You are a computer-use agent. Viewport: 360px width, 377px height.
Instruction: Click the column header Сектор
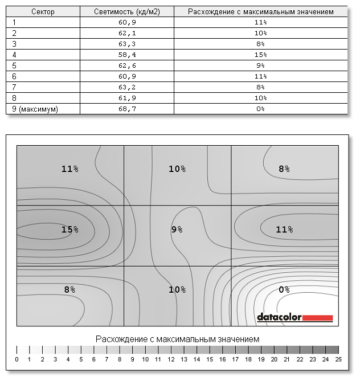[43, 11]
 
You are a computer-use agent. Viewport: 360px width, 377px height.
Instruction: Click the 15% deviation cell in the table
[261, 55]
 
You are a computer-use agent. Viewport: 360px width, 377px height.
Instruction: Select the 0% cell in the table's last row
[261, 108]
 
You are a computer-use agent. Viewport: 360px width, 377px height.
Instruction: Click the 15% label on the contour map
[69, 230]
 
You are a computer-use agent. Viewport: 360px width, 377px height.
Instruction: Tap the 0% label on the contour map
[284, 289]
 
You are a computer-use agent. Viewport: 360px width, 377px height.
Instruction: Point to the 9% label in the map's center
[177, 230]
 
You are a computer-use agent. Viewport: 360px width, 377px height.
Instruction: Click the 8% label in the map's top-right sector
[284, 169]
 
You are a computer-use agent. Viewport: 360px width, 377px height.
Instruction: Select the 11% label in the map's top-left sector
[69, 169]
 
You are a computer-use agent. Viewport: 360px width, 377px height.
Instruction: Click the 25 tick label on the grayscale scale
[339, 359]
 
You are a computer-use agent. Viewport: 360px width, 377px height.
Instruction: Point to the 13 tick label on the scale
[184, 359]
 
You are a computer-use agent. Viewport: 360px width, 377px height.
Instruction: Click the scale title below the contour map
[178, 338]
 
